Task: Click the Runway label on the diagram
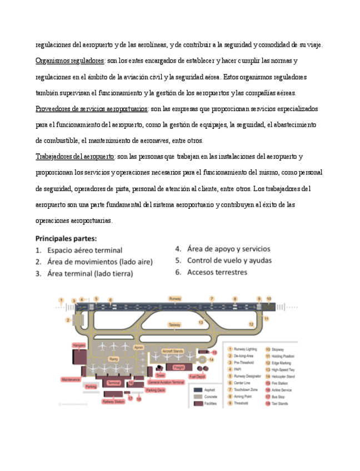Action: [175, 299]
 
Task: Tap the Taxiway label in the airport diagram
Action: [174, 324]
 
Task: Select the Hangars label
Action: [79, 345]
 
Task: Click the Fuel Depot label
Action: [197, 377]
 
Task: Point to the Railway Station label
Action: [113, 401]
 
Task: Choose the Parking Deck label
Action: [155, 390]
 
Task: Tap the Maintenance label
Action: [71, 380]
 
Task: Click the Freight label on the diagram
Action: [178, 367]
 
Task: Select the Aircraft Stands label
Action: [172, 351]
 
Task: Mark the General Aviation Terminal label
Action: [166, 382]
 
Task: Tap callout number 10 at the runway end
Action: [269, 299]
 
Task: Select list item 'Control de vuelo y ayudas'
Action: [229, 260]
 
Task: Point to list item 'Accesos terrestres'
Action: [217, 272]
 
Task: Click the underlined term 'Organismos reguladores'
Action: [69, 60]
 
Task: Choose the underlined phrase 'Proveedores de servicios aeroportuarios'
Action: [92, 108]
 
